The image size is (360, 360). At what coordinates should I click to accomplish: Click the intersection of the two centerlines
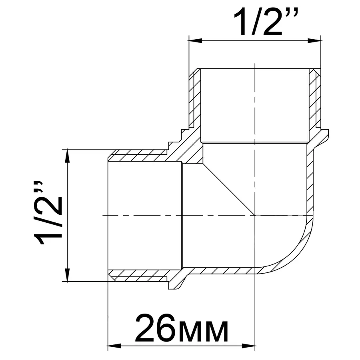[x=255, y=215]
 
